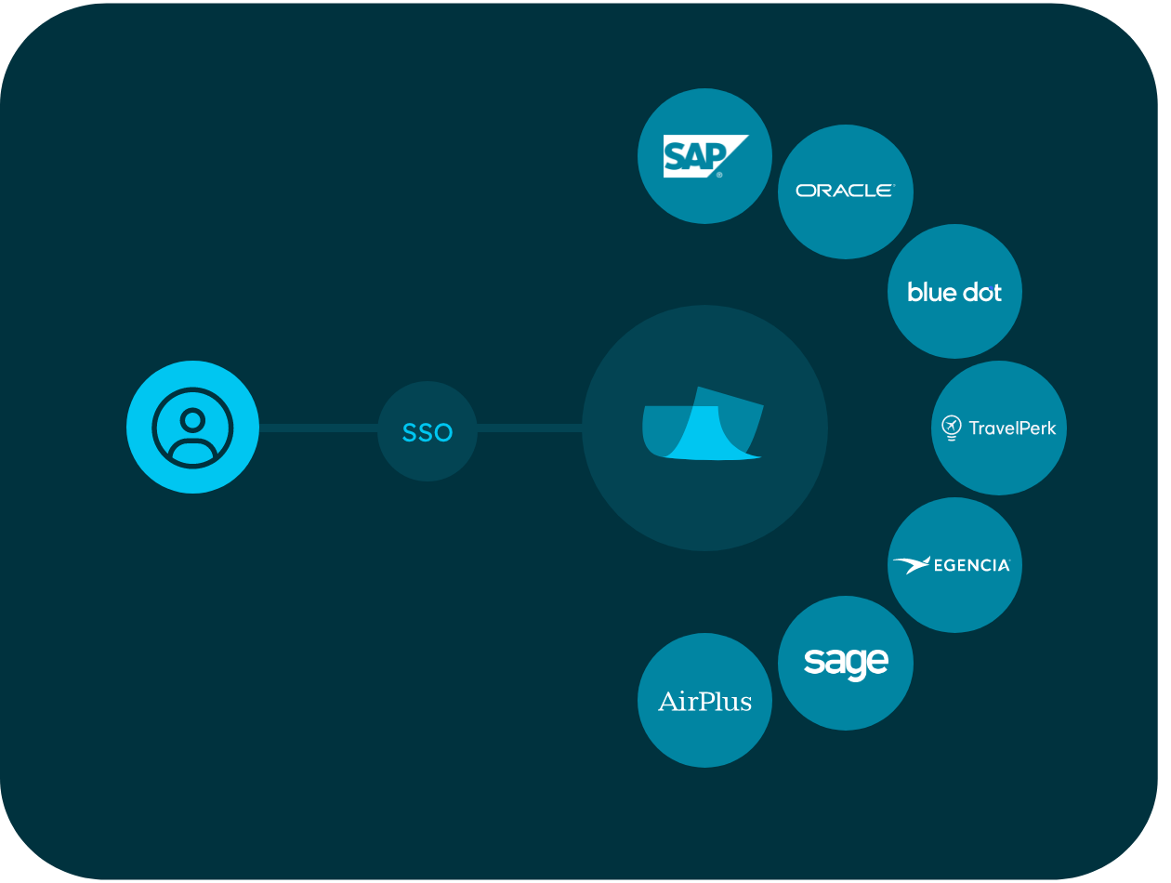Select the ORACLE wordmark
pyautogui.click(x=845, y=191)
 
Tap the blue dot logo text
pyautogui.click(x=954, y=292)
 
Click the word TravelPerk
pyautogui.click(x=1012, y=428)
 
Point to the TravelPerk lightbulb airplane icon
pyautogui.click(x=951, y=428)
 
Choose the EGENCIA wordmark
pyautogui.click(x=972, y=565)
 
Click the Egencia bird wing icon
pyautogui.click(x=911, y=565)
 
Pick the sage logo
pyautogui.click(x=846, y=662)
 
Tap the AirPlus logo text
pyautogui.click(x=704, y=701)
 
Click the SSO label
pyautogui.click(x=427, y=432)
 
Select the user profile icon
pyautogui.click(x=192, y=428)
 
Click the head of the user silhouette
pyautogui.click(x=192, y=419)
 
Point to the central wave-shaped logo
pyautogui.click(x=703, y=425)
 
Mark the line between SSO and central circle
pyautogui.click(x=529, y=428)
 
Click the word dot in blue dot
pyautogui.click(x=980, y=292)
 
